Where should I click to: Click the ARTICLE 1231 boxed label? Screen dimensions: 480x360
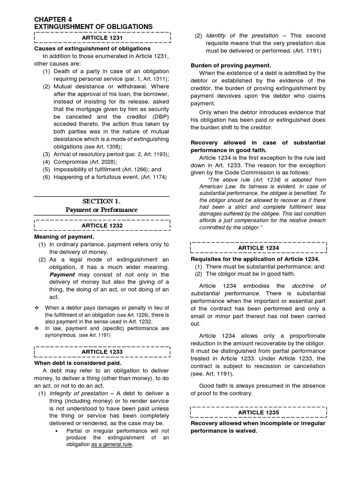102,37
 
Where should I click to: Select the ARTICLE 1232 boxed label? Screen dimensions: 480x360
102,226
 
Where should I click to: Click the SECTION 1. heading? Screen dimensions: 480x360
102,201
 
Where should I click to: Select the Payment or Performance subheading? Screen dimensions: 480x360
102,210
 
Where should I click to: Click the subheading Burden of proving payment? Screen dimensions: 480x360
231,66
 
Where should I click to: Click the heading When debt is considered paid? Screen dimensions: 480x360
78,363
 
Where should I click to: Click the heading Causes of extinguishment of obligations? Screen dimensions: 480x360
92,49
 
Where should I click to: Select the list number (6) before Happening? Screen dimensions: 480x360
46,177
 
